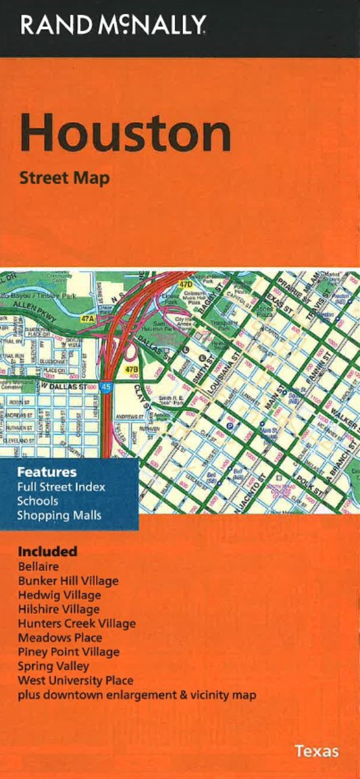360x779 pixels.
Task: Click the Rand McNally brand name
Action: [x=113, y=25]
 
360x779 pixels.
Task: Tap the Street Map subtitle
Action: [x=64, y=179]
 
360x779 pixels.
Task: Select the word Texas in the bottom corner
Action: [x=316, y=751]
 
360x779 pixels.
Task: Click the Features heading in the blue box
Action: [x=47, y=472]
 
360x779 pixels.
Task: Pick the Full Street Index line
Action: [x=61, y=486]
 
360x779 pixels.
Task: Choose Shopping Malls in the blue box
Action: [x=59, y=516]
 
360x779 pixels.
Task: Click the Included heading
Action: [x=47, y=551]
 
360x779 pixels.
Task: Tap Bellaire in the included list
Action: [x=37, y=567]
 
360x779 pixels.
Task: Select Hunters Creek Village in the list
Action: [x=76, y=624]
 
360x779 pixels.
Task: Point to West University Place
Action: [x=76, y=680]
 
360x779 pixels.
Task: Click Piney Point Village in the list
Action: [x=68, y=652]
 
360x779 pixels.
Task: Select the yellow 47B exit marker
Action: [x=132, y=370]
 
